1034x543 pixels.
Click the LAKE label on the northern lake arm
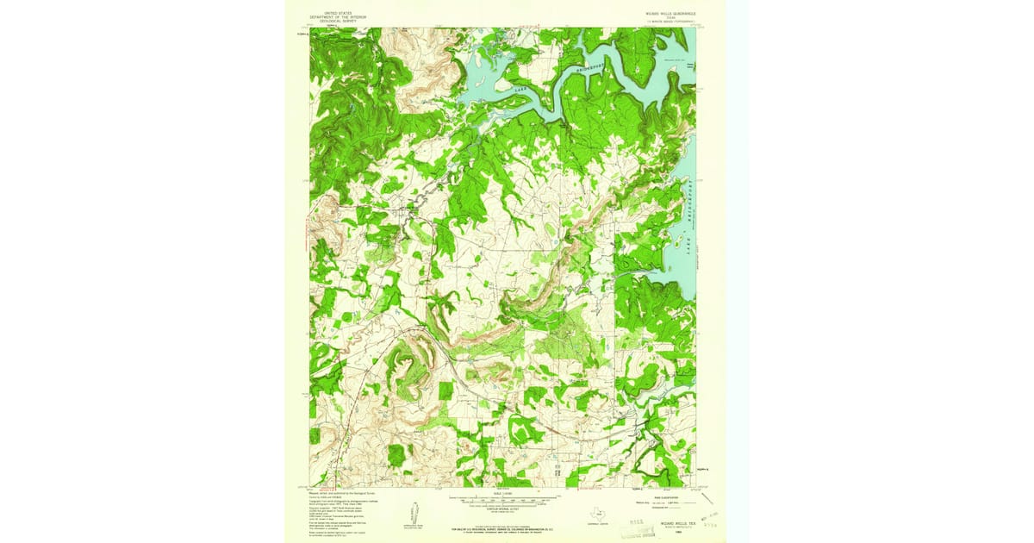click(519, 87)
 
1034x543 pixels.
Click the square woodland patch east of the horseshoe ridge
click(445, 390)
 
